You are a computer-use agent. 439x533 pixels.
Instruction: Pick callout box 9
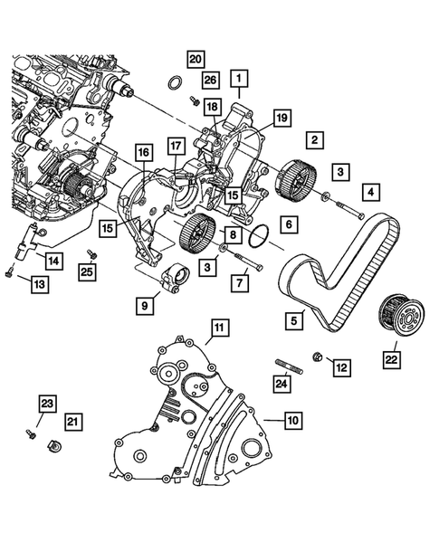click(144, 306)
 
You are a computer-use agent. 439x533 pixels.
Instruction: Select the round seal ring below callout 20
click(173, 86)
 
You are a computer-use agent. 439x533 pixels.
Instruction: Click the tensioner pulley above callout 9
click(173, 276)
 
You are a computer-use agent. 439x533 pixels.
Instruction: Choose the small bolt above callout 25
click(91, 253)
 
